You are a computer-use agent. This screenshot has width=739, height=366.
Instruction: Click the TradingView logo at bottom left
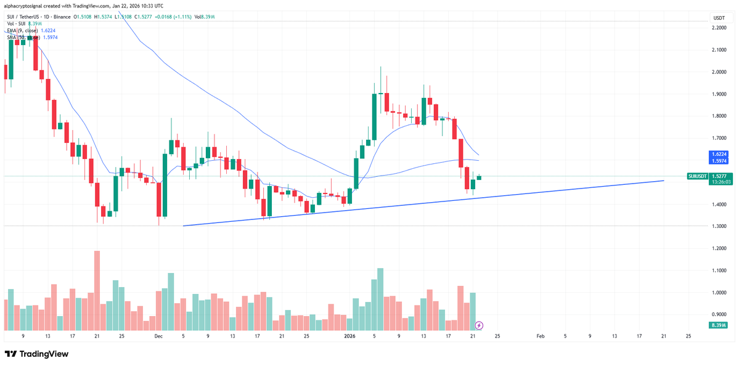[x=36, y=354]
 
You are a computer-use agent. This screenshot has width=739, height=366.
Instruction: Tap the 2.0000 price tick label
[x=719, y=71]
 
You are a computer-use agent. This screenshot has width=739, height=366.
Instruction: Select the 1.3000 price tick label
[x=719, y=226]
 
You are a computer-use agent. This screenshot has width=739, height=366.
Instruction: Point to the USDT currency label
[x=719, y=18]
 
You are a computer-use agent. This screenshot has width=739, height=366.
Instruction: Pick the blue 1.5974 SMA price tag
[x=719, y=161]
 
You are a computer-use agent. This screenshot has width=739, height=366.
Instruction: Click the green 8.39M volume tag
[x=719, y=325]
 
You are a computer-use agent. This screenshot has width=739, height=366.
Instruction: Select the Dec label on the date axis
[x=158, y=336]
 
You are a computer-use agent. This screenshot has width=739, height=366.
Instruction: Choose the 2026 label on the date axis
[x=349, y=336]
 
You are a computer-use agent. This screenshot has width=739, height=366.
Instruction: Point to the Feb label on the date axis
[x=541, y=336]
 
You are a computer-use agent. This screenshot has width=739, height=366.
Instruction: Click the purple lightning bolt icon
[x=480, y=325]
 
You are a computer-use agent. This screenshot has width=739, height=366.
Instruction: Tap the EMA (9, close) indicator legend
[x=31, y=30]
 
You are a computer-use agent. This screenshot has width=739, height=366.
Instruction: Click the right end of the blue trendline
[x=663, y=181]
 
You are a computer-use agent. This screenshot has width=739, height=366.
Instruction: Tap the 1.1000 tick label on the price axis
[x=719, y=270]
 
